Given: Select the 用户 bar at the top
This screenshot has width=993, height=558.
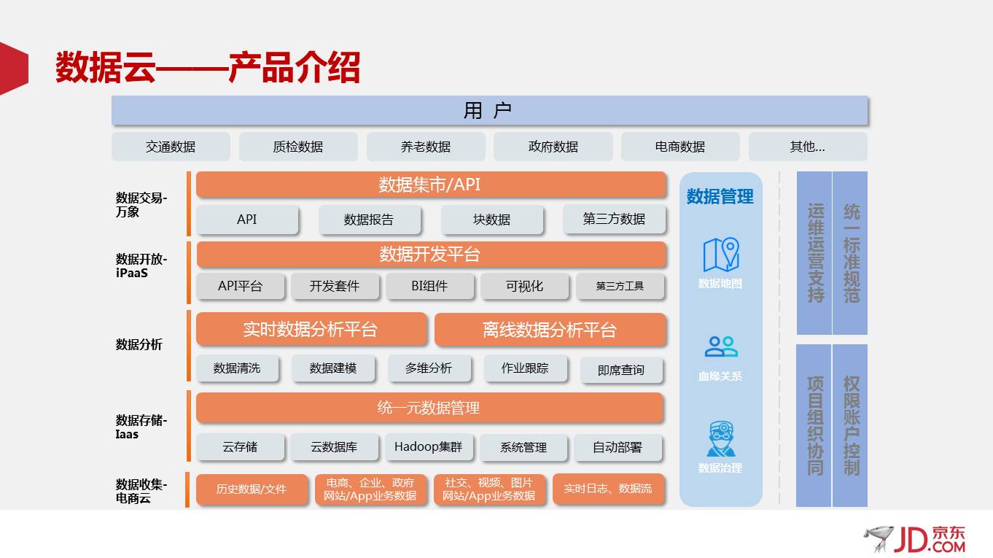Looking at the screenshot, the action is (488, 110).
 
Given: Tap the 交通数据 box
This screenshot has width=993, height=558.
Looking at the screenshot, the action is (171, 147).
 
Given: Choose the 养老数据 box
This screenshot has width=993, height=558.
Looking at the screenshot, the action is (426, 147).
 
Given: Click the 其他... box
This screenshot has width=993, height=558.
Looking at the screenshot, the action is (808, 147).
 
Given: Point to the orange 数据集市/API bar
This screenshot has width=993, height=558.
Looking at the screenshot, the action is (431, 185).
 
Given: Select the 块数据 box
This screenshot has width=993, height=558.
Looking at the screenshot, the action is (492, 220).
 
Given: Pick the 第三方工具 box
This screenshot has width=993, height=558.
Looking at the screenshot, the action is (620, 286).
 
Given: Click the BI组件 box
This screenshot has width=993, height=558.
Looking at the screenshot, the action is (429, 286).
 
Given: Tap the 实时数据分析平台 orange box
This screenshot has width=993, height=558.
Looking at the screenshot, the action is (311, 329).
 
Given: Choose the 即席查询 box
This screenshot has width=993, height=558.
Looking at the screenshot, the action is (621, 370).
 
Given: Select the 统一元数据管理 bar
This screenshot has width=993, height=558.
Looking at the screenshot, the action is (429, 408).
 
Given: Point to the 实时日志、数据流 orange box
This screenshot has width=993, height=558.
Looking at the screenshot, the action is (608, 489).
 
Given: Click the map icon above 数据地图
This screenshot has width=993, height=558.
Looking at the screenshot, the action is (720, 255).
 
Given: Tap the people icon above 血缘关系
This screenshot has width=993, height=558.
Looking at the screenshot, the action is (720, 347).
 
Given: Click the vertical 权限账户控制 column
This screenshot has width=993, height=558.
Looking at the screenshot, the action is (851, 425).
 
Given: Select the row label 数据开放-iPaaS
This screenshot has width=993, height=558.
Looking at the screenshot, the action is (141, 266).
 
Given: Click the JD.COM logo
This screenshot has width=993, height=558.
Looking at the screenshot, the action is (916, 539).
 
